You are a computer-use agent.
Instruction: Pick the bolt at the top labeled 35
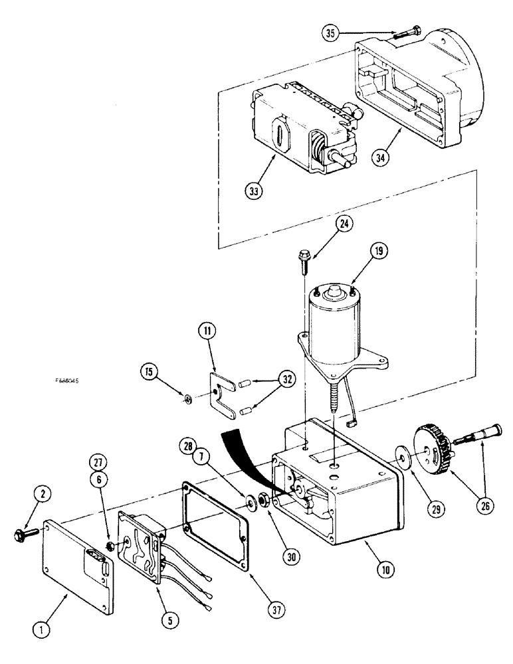407,29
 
